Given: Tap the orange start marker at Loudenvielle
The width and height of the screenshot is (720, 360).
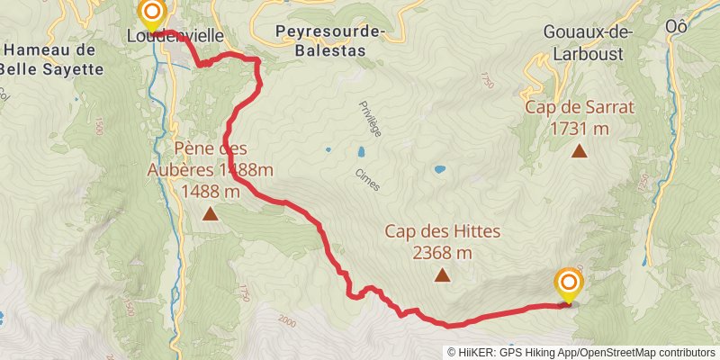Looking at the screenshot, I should coord(152,13).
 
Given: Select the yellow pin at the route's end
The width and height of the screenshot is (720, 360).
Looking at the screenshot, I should coord(569,284).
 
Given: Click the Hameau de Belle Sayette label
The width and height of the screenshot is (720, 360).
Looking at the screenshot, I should coord(49,58).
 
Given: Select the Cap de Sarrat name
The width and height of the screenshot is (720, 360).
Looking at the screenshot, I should coord(580,107).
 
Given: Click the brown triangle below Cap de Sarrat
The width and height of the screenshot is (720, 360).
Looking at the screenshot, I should coord(580,152).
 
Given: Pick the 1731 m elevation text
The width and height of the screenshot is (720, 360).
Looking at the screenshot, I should coord(580,129).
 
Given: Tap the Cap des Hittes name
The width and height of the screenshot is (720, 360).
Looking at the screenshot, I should coord(442,231).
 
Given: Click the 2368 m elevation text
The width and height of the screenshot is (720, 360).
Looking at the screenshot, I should coord(442,253).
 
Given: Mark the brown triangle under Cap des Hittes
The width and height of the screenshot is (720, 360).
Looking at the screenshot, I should coord(442,275).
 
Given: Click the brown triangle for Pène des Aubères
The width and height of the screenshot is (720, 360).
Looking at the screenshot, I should coord(210,213).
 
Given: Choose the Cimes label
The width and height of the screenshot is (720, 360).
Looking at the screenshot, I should coord(366,180).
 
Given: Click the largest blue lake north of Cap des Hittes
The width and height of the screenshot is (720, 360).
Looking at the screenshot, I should coord(439,168).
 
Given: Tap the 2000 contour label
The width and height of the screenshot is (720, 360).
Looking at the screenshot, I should coord(287,320).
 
